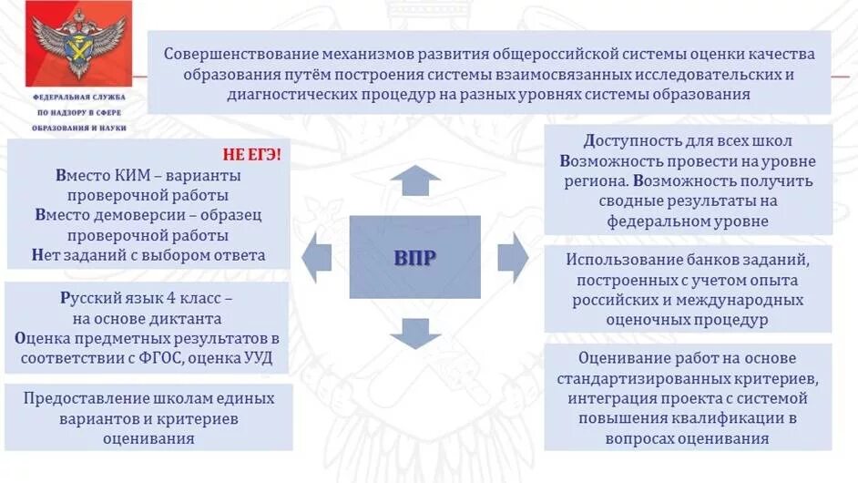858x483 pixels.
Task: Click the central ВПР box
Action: pos(414,257)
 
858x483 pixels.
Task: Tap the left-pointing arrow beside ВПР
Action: pos(317,257)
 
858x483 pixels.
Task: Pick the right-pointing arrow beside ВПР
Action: pos(513,257)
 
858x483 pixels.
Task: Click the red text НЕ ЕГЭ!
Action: pos(252,154)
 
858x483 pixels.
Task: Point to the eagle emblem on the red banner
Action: pos(66,44)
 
